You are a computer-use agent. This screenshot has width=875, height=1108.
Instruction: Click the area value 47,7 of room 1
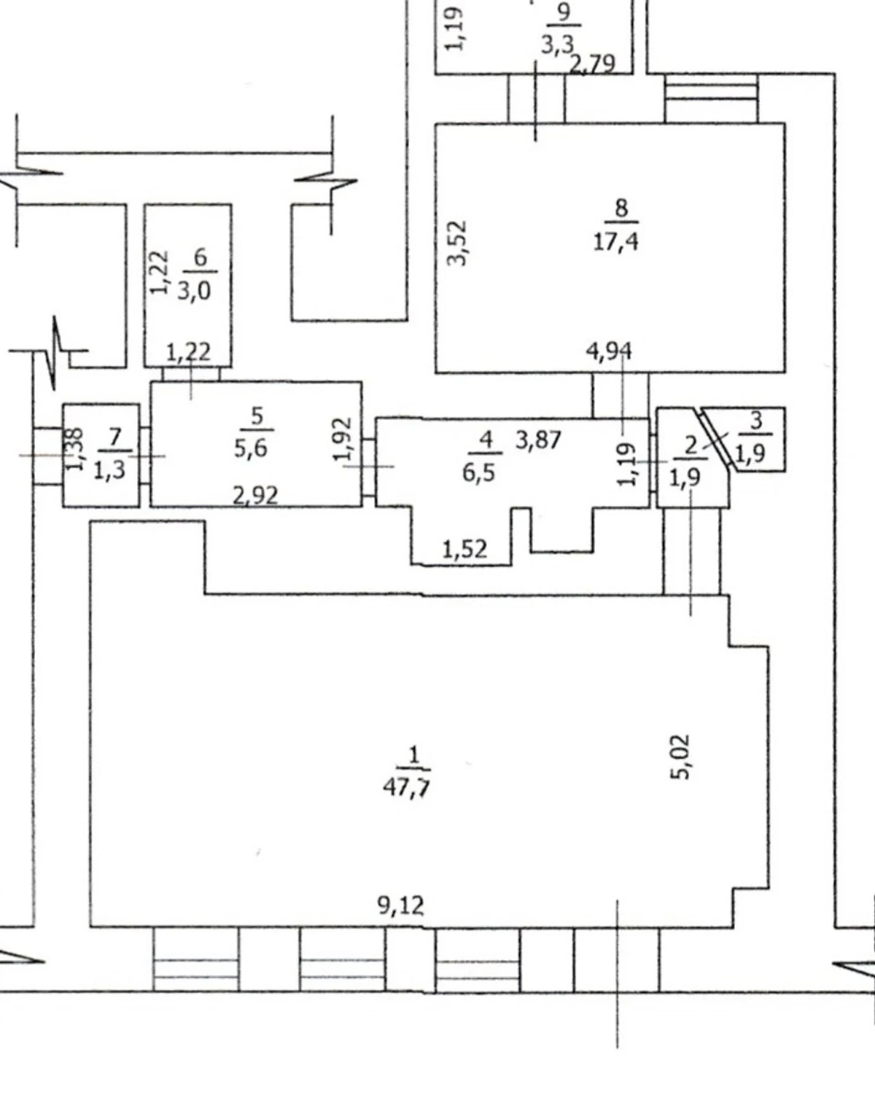pyautogui.click(x=407, y=787)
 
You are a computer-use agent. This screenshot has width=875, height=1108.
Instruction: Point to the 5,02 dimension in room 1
pyautogui.click(x=680, y=757)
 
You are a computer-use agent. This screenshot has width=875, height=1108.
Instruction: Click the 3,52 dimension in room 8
pyautogui.click(x=456, y=243)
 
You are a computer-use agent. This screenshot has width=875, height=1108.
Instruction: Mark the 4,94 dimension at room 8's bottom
pyautogui.click(x=609, y=351)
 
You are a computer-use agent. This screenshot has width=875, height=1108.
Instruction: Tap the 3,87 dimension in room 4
pyautogui.click(x=538, y=440)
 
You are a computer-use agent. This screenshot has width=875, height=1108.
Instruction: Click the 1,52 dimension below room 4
pyautogui.click(x=464, y=550)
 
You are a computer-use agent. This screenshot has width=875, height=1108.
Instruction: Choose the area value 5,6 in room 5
pyautogui.click(x=251, y=448)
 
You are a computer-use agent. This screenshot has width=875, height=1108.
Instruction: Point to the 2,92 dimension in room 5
pyautogui.click(x=255, y=496)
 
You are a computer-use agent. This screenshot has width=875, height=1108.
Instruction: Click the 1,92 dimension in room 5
pyautogui.click(x=343, y=439)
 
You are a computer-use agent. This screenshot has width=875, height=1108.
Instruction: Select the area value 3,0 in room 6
pyautogui.click(x=194, y=292)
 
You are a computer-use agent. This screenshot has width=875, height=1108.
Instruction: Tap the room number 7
pyautogui.click(x=114, y=437)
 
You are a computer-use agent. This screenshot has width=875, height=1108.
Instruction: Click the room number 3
pyautogui.click(x=756, y=421)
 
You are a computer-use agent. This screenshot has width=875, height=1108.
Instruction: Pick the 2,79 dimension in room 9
pyautogui.click(x=593, y=64)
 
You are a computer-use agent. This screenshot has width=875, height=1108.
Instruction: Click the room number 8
pyautogui.click(x=622, y=208)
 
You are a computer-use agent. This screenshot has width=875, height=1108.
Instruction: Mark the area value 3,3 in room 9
pyautogui.click(x=557, y=45)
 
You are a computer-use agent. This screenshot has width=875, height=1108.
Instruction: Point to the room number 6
pyautogui.click(x=201, y=257)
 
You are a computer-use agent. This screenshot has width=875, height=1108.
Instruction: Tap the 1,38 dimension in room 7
pyautogui.click(x=75, y=449)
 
